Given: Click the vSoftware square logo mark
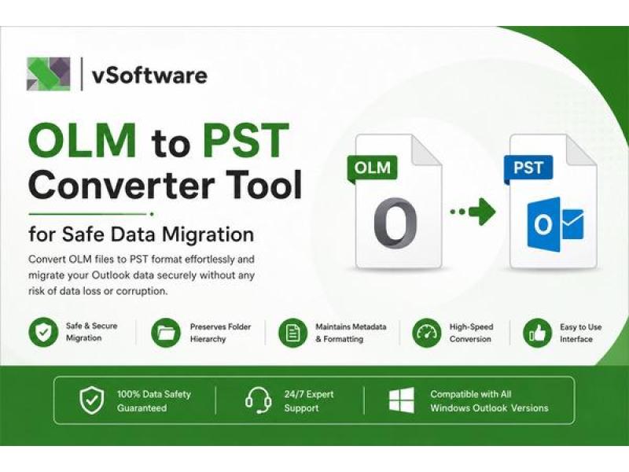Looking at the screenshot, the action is [x=49, y=74].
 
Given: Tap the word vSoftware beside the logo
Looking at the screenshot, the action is [x=149, y=75].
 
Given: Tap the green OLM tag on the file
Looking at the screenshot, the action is [x=372, y=168].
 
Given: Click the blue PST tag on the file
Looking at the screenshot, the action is [x=528, y=168].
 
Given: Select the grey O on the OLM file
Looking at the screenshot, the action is [x=395, y=223].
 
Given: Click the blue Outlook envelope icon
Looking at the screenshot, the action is [x=555, y=224].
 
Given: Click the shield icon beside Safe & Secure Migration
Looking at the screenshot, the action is [x=43, y=332].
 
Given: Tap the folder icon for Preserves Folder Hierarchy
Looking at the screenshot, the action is [x=166, y=332].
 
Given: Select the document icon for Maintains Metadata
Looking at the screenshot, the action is [x=292, y=332].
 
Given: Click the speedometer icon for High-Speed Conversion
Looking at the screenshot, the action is [x=426, y=332].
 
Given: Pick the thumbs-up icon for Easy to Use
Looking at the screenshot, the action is [x=538, y=332].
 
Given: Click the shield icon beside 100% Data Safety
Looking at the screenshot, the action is [x=91, y=400].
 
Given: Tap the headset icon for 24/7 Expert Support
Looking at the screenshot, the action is [x=258, y=400].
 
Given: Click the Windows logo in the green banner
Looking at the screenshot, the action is [x=402, y=400].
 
